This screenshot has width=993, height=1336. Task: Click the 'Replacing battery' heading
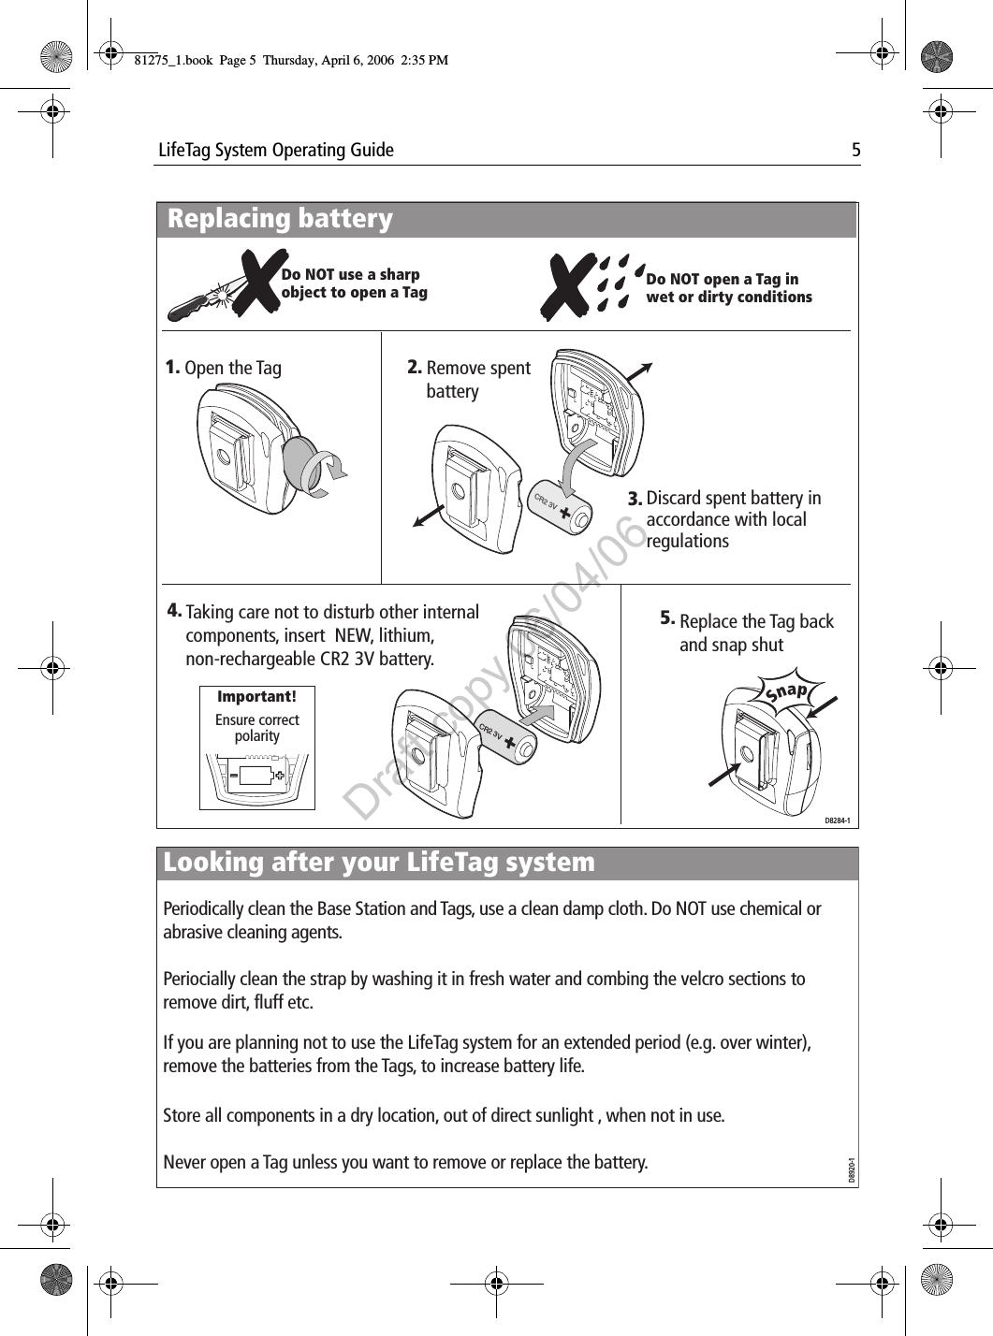coord(280,219)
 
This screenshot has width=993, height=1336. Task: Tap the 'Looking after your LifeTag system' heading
coord(379,862)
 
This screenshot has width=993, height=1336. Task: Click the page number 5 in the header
coord(854,150)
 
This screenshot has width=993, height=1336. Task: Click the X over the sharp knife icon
coord(254,283)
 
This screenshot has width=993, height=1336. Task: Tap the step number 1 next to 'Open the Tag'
coord(172,367)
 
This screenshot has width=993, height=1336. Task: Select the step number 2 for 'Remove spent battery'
coord(415,368)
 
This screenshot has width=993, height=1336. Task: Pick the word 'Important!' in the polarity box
coord(256,697)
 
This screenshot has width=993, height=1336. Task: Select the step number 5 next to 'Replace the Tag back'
coord(667,618)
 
